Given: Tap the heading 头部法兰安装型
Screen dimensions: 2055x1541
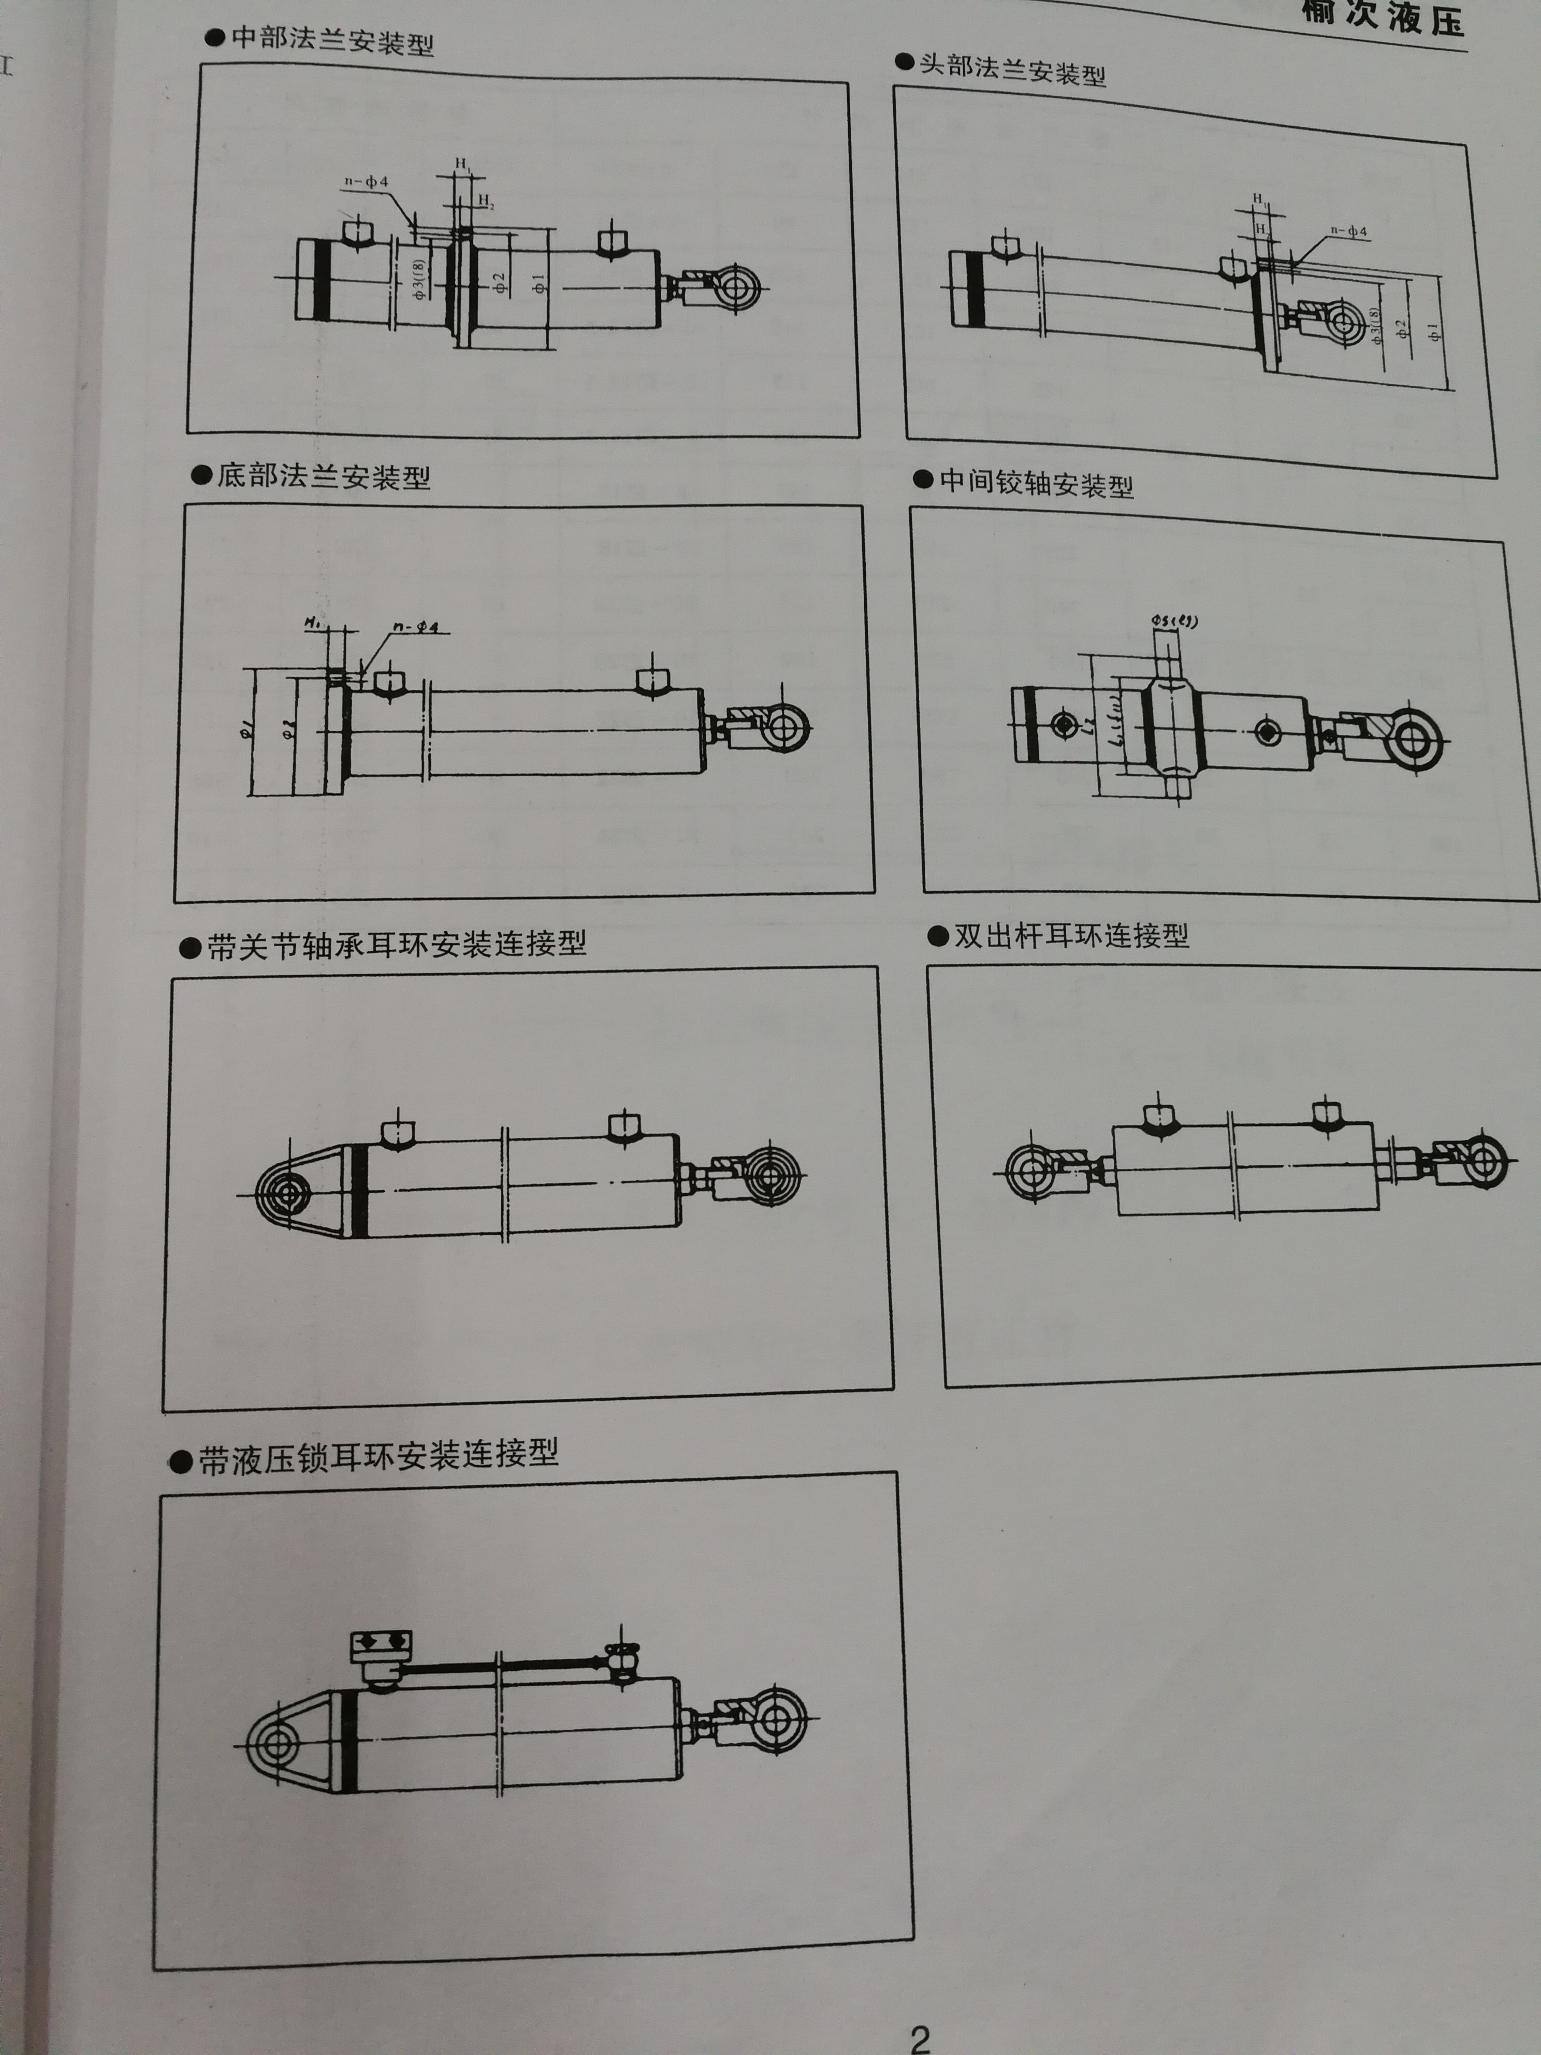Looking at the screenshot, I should (x=1012, y=70).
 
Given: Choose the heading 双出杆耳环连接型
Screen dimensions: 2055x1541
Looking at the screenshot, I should (x=1071, y=935).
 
